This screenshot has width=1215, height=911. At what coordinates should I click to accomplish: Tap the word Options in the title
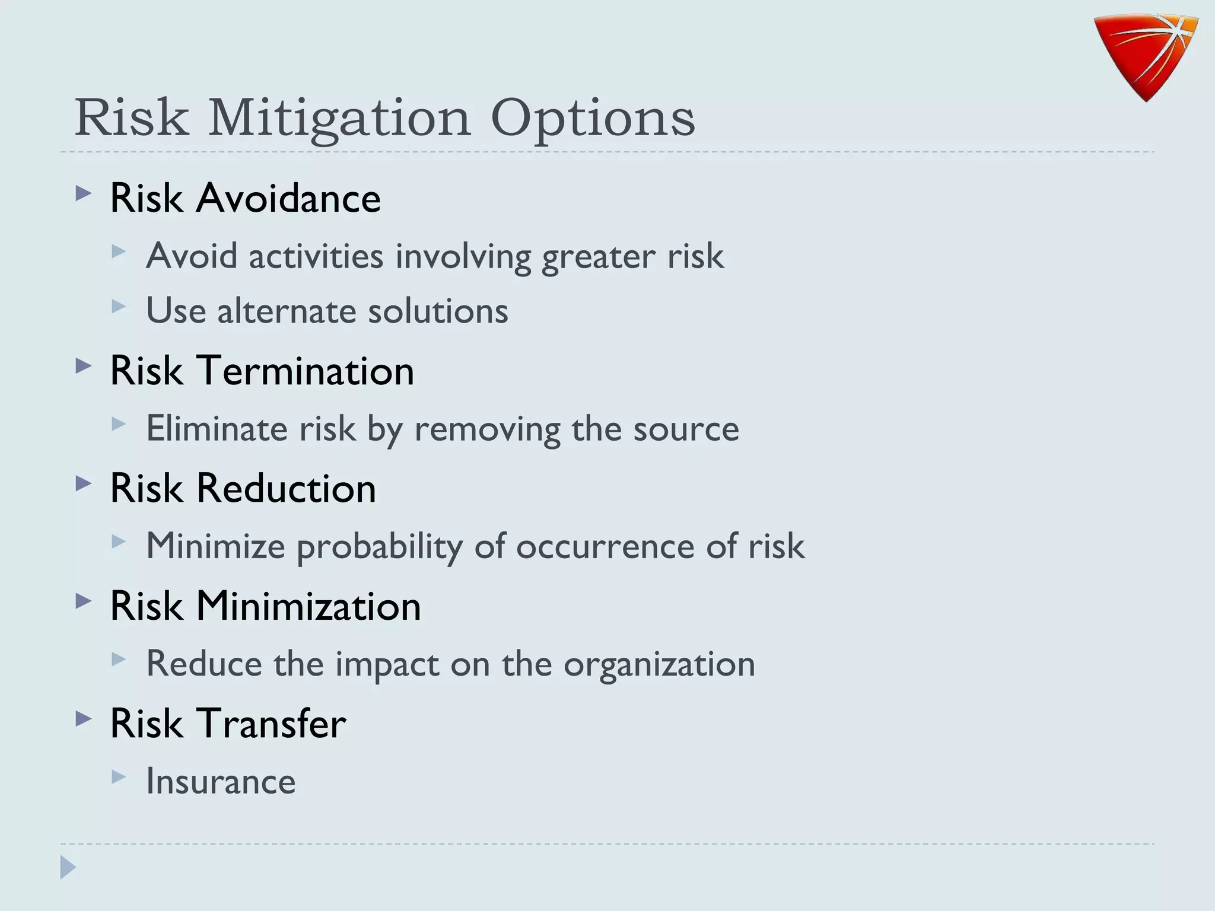click(593, 119)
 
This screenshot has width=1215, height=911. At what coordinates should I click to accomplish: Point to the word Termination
click(305, 371)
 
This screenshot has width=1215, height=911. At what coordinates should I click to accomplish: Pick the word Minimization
click(308, 606)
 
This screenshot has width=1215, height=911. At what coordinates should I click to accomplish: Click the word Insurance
click(221, 781)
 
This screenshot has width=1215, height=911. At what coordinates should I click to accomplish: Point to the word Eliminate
click(217, 428)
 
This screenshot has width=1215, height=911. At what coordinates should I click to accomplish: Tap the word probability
click(380, 546)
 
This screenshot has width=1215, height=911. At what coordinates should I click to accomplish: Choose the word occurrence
click(605, 546)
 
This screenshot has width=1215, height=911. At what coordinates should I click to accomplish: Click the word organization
click(659, 664)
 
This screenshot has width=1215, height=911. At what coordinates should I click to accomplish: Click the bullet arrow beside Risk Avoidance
click(84, 193)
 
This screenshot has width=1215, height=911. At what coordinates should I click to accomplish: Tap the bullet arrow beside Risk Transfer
click(84, 719)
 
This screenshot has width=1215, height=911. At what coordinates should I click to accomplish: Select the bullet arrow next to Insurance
click(119, 776)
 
